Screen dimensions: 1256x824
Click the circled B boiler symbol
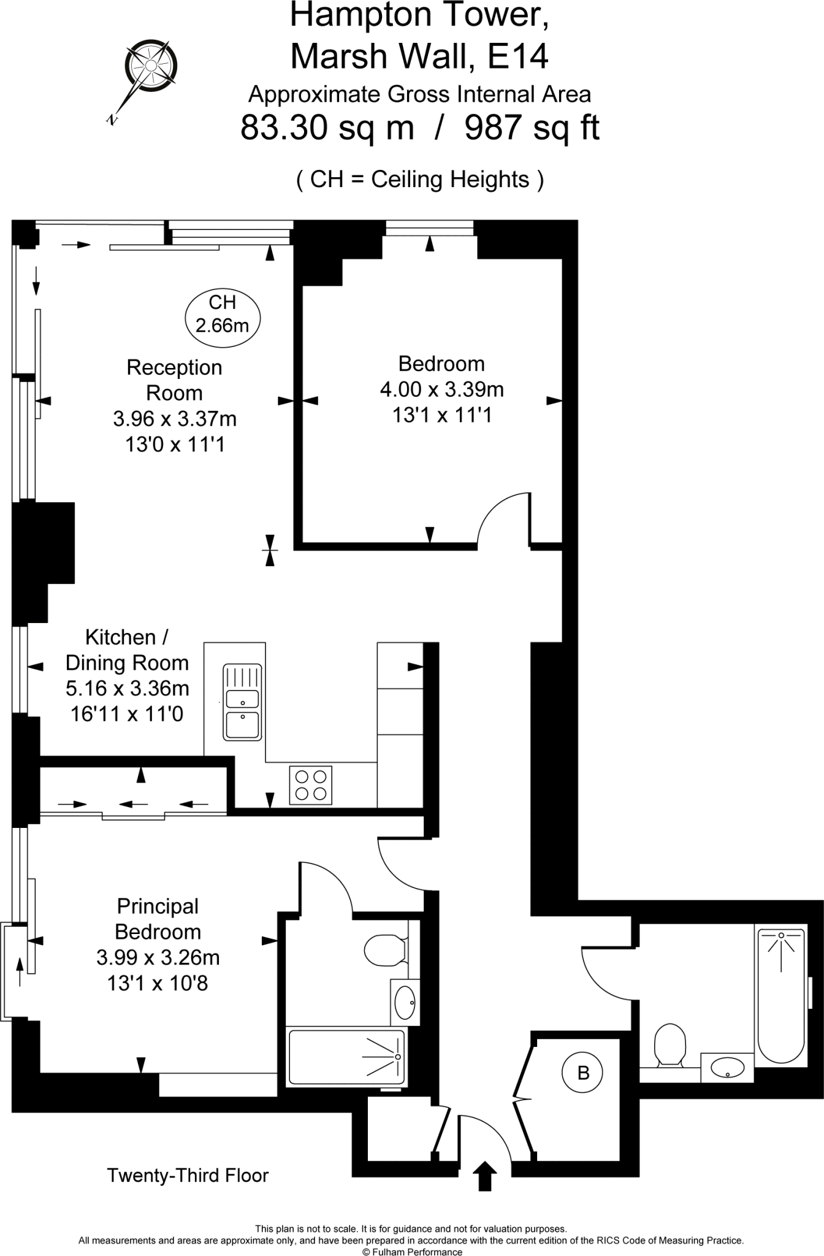click(x=583, y=1073)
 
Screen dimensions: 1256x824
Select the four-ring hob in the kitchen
click(x=310, y=786)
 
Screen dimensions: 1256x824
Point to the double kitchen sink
click(x=243, y=702)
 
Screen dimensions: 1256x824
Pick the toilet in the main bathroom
click(x=669, y=1044)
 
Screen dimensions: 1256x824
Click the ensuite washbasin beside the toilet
click(x=405, y=1002)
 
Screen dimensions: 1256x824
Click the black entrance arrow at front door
click(x=485, y=1176)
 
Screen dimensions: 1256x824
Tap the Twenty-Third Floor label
click(x=188, y=1176)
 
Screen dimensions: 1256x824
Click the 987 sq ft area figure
click(x=532, y=128)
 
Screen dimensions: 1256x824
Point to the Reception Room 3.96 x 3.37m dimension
click(x=175, y=419)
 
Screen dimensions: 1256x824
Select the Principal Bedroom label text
click(x=158, y=919)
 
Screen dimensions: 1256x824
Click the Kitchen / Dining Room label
click(x=127, y=650)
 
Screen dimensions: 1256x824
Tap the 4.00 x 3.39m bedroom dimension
click(x=441, y=389)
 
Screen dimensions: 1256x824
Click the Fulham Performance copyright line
click(x=412, y=1252)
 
